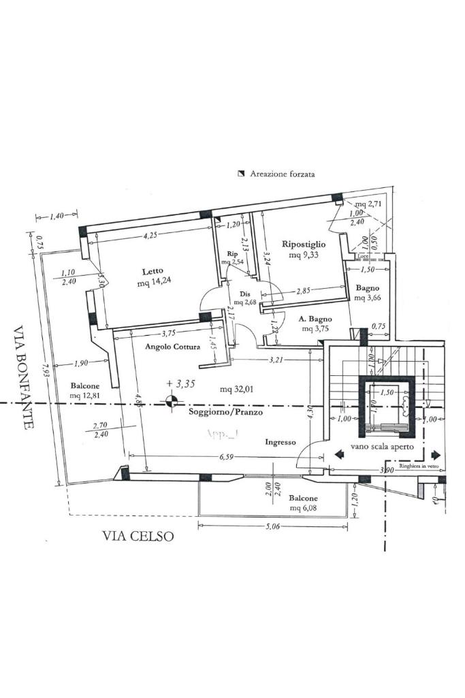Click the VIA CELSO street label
click(138, 536)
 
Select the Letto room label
click(153, 270)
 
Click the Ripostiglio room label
click(304, 244)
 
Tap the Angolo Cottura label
click(173, 347)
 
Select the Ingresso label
click(280, 442)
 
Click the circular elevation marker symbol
click(170, 403)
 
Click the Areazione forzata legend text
click(282, 174)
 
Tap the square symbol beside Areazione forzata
click(240, 174)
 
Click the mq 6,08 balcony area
click(304, 508)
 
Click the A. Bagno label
click(315, 319)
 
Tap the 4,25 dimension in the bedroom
click(150, 236)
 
